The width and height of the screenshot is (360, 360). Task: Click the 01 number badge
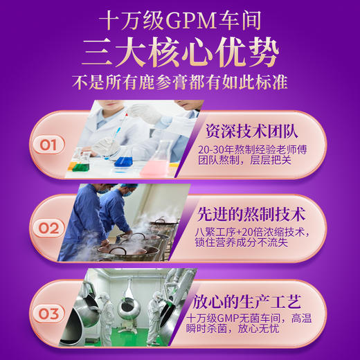click(48, 145)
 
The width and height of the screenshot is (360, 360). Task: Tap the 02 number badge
click(48, 228)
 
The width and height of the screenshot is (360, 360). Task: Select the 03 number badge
click(48, 314)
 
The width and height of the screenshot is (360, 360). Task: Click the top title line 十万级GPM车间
click(180, 19)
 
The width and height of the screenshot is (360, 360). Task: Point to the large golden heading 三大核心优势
click(180, 50)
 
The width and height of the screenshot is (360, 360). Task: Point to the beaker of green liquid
click(83, 163)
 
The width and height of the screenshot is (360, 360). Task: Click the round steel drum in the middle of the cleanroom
click(129, 305)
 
